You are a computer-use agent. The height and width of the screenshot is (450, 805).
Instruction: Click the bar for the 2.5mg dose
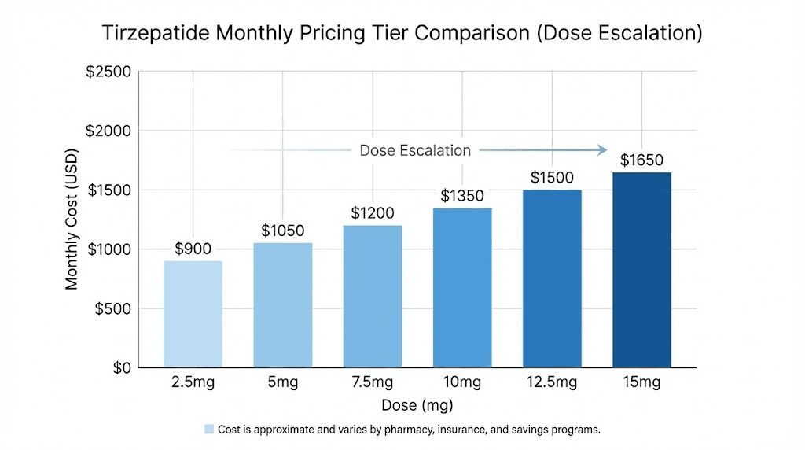193,314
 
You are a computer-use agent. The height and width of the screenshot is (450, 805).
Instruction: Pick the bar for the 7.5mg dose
373,297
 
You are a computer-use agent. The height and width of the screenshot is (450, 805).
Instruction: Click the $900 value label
193,249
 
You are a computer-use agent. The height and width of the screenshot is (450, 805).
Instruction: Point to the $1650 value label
641,160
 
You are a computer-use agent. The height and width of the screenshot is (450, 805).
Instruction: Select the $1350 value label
462,196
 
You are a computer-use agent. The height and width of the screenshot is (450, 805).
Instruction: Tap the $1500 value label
552,178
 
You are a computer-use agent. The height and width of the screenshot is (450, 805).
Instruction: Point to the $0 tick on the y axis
120,367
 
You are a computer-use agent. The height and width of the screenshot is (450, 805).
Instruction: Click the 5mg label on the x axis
283,383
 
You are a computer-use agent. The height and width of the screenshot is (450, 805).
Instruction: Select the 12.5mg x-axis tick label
552,383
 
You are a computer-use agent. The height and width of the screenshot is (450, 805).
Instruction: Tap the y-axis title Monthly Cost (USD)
72,219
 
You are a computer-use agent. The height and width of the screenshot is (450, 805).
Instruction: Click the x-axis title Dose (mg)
417,406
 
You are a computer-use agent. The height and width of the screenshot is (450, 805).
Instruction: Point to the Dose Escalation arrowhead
602,150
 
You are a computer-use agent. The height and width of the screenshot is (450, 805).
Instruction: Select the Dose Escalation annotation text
415,150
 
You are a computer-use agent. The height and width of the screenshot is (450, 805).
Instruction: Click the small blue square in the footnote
209,430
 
